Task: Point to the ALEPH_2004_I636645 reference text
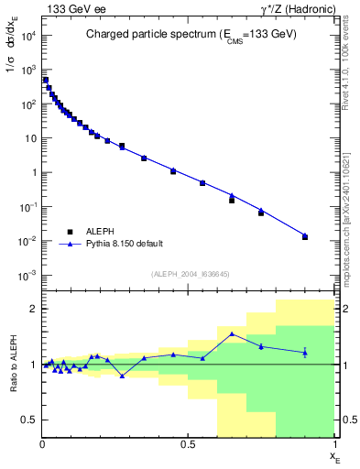[x=189, y=273]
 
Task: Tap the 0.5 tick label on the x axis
[x=188, y=444]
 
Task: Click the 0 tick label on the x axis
[x=43, y=444]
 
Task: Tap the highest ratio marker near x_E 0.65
[x=232, y=333]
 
